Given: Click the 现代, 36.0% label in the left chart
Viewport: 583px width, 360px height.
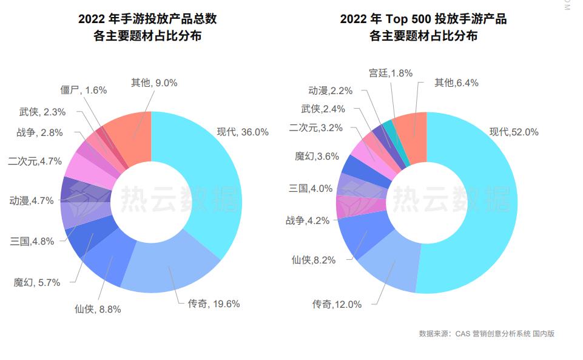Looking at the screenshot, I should pyautogui.click(x=243, y=132).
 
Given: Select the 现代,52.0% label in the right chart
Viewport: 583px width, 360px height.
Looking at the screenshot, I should pyautogui.click(x=514, y=132).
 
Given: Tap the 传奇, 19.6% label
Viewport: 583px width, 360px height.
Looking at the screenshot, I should pyautogui.click(x=214, y=304).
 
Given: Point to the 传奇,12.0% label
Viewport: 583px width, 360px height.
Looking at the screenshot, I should pyautogui.click(x=337, y=304).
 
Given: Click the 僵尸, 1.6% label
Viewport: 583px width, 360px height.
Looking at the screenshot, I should pyautogui.click(x=84, y=90).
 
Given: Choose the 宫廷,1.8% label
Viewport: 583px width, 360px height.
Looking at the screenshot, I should pyautogui.click(x=391, y=73).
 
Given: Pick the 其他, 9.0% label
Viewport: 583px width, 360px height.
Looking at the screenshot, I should pyautogui.click(x=154, y=83).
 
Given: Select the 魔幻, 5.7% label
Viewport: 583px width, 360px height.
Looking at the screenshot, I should pyautogui.click(x=37, y=282).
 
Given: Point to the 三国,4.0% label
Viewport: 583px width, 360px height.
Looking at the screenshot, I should pyautogui.click(x=311, y=188).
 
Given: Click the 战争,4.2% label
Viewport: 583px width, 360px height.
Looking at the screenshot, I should pyautogui.click(x=308, y=220).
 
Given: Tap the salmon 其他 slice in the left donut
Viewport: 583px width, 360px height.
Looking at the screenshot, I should pyautogui.click(x=130, y=137).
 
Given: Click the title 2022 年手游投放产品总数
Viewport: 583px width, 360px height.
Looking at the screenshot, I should pyautogui.click(x=147, y=19).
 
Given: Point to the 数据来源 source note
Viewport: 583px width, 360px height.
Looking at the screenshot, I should pyautogui.click(x=487, y=333).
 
